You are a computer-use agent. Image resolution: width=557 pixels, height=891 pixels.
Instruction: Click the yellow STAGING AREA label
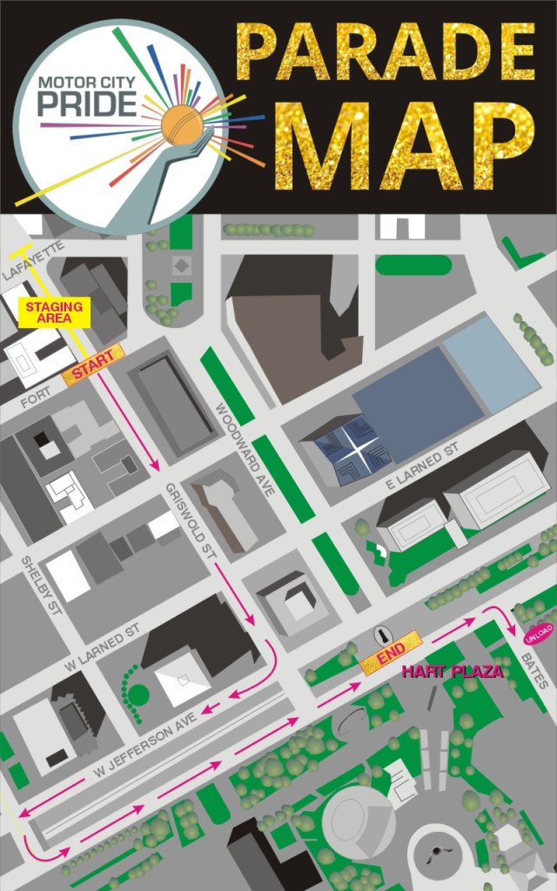click(x=54, y=312)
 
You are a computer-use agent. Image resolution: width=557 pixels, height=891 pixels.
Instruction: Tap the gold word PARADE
click(x=385, y=54)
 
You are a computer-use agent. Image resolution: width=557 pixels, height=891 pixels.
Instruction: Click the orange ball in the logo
click(x=182, y=126)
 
